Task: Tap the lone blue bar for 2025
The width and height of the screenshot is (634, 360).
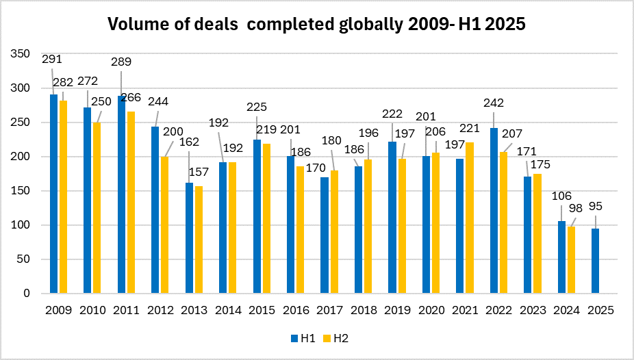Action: pyautogui.click(x=596, y=261)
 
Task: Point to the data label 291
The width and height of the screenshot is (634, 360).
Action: pyautogui.click(x=52, y=59)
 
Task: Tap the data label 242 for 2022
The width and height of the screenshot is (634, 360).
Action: pyautogui.click(x=493, y=103)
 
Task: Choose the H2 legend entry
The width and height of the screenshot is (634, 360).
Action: pyautogui.click(x=335, y=337)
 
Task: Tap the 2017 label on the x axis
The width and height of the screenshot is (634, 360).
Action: pyautogui.click(x=329, y=310)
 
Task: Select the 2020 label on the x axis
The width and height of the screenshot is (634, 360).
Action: pyautogui.click(x=430, y=310)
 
